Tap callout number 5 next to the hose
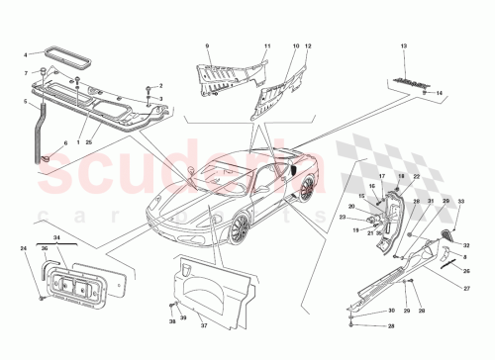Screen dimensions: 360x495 coord(27,102)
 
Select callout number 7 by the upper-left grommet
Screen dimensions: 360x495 coord(27,73)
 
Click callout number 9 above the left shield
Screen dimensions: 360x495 coord(208,46)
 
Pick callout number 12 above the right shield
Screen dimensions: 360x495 coord(309,46)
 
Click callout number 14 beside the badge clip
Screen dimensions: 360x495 coord(441,92)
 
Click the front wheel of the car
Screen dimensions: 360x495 coord(238,228)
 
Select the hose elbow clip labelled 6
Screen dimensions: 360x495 coord(46,155)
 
